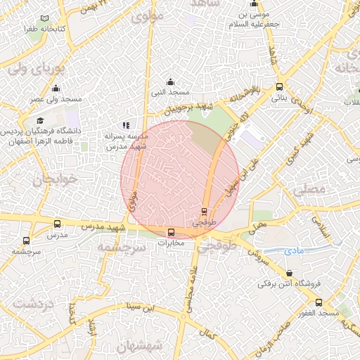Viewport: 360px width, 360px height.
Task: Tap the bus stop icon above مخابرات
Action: point(171,232)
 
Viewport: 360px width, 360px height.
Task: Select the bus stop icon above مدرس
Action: point(57,224)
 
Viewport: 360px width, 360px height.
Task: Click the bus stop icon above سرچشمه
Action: point(16,239)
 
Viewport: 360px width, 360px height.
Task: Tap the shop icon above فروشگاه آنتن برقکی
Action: point(290,273)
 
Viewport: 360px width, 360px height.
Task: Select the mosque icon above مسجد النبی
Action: point(169,82)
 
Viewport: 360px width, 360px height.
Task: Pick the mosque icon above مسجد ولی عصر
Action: point(56,89)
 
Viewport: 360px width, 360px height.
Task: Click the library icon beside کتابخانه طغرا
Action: point(46,19)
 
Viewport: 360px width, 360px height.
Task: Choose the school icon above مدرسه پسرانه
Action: point(127,125)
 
